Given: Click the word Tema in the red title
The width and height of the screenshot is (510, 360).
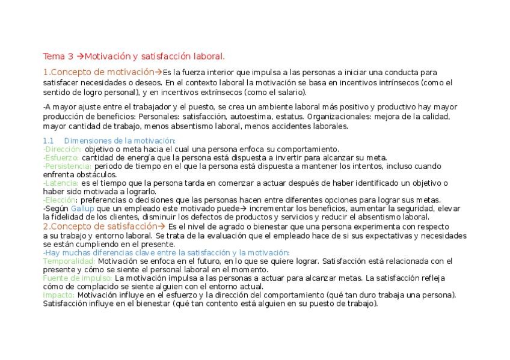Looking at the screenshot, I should point(54,56).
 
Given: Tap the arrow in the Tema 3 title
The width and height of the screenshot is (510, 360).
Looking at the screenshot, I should point(79,56).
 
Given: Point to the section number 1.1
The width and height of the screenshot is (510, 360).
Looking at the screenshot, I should point(49,141).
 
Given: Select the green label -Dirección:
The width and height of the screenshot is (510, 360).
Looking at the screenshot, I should point(63,149).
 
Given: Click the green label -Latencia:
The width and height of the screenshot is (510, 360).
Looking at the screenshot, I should point(61,183).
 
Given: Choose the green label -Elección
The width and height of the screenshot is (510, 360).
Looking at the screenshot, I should point(60,200).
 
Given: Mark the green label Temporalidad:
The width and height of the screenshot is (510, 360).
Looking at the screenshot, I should point(69,261).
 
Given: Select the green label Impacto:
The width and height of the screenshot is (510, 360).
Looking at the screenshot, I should point(59,295).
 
